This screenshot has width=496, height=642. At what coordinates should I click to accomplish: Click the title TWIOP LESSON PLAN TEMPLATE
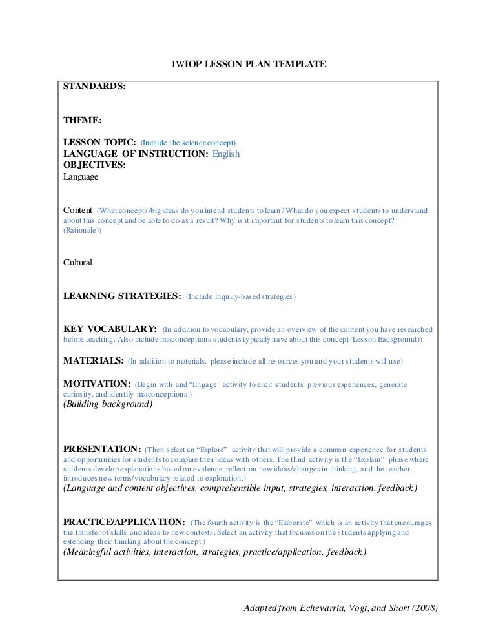pos(248,64)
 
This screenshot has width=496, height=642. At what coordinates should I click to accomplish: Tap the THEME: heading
pos(83,120)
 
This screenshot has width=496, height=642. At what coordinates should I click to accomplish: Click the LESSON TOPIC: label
pos(99,142)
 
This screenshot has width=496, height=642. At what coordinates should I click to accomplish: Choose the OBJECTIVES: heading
pos(94,165)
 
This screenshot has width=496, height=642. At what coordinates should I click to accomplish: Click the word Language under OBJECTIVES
pos(81,176)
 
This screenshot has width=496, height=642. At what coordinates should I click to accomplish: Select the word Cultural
pos(78,263)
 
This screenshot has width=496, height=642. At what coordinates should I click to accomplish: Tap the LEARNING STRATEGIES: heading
pos(121,296)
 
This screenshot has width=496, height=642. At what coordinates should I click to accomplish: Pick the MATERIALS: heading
pos(93,360)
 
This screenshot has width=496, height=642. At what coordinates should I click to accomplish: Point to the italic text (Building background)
pos(108,405)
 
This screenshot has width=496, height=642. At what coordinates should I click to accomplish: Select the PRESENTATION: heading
pos(101,448)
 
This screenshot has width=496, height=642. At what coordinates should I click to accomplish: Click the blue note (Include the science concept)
pos(189,143)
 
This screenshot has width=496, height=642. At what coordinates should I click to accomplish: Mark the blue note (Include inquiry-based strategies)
pos(241,297)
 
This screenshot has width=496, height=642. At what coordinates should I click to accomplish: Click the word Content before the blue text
pos(78,211)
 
